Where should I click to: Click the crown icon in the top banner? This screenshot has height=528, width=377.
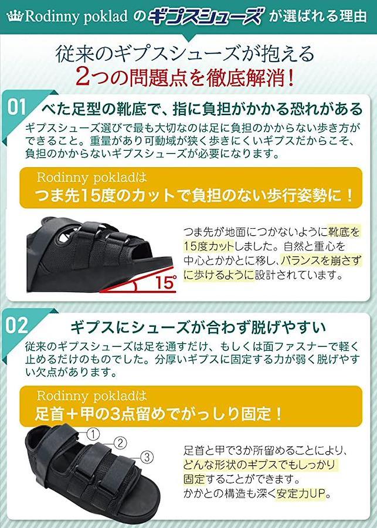click(15, 17)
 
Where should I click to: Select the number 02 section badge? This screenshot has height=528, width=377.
click(17, 325)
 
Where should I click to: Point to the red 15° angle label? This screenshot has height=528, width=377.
click(165, 282)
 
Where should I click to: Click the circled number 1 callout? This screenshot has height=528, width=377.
click(93, 434)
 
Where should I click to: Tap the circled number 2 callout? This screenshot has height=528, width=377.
click(120, 443)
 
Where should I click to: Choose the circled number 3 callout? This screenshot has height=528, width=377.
click(147, 457)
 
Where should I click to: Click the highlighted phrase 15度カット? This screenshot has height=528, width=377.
click(208, 246)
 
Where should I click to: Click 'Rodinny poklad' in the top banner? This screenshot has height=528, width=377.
click(76, 17)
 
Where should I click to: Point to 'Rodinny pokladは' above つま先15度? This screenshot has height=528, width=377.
click(92, 177)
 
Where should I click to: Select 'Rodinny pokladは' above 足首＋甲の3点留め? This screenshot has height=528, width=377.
click(92, 395)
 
